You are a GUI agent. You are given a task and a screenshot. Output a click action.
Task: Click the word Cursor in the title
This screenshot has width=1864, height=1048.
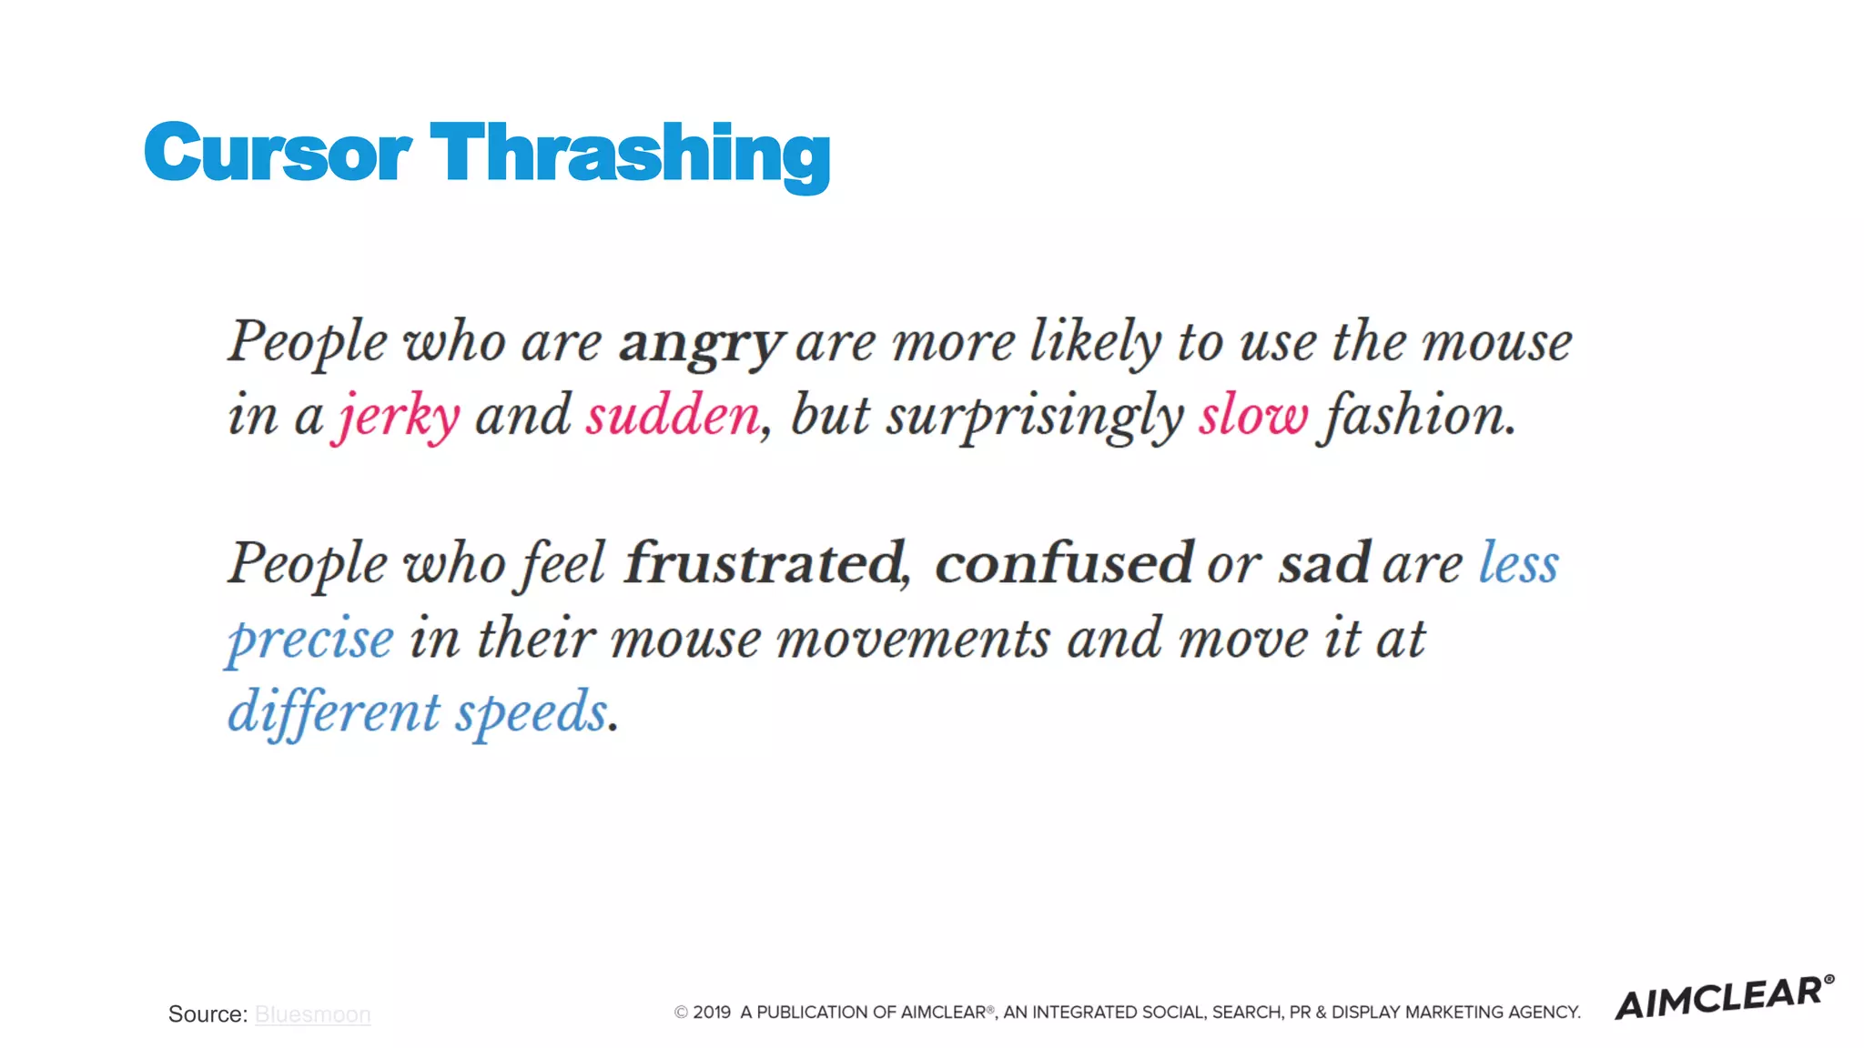point(278,153)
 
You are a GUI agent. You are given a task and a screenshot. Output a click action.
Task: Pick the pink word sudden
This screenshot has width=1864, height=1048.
point(673,417)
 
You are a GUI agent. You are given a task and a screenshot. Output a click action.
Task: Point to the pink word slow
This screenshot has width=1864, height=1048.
point(1252,417)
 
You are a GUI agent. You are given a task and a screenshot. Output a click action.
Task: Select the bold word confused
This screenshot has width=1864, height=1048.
point(1063,564)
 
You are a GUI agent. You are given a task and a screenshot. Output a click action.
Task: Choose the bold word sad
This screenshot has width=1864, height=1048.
point(1323,564)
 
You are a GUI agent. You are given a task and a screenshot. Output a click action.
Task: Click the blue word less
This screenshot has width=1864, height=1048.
point(1518,564)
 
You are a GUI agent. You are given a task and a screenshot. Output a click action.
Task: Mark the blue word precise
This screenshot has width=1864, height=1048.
point(310,640)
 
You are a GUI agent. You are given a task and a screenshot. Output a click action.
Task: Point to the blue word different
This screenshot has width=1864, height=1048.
point(334,712)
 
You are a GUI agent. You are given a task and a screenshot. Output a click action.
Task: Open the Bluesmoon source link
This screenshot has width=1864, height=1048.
point(312,1014)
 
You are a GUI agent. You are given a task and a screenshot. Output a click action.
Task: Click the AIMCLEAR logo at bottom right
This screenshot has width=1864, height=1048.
point(1723,998)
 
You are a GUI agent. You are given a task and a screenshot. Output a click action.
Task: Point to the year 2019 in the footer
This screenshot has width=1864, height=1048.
point(712,1013)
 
